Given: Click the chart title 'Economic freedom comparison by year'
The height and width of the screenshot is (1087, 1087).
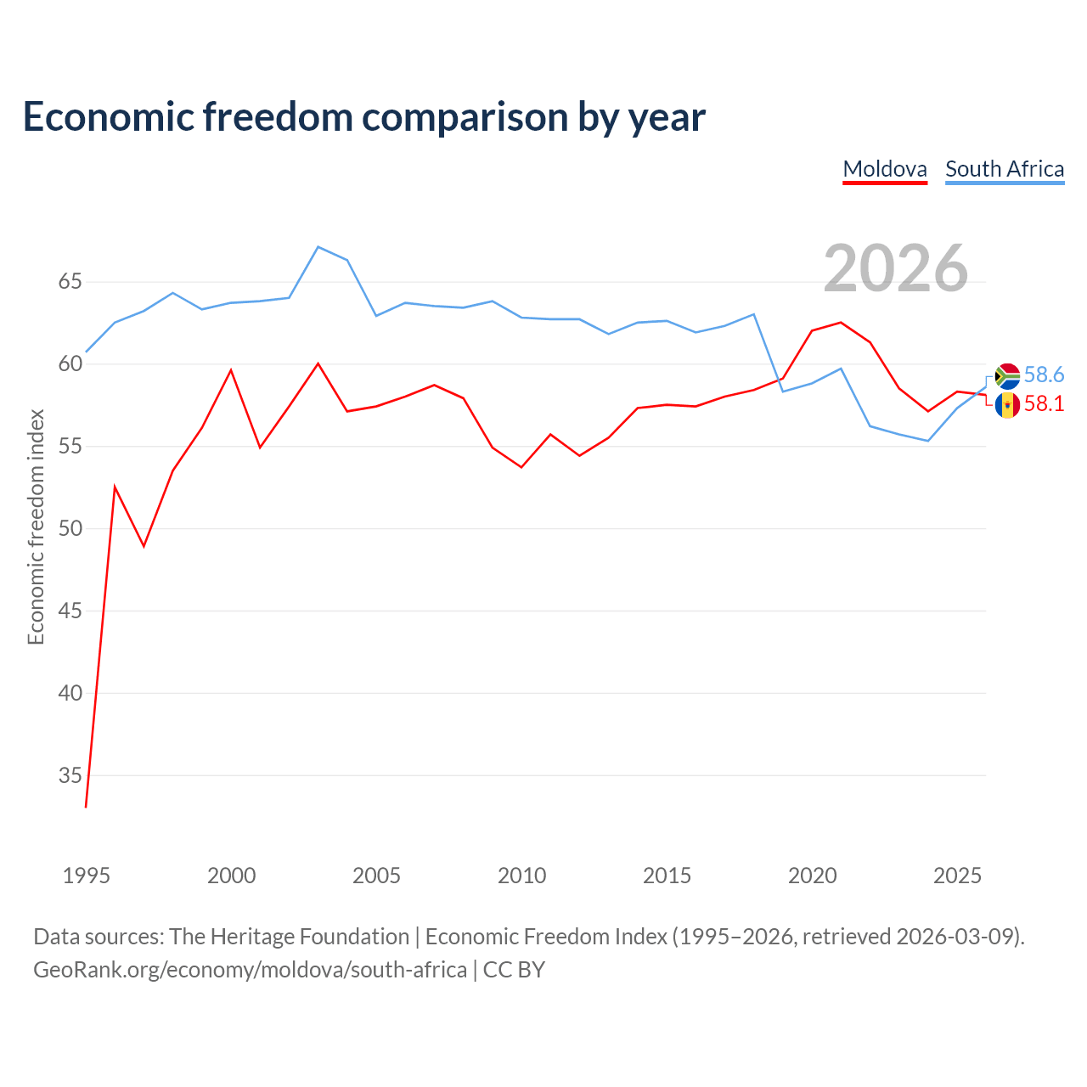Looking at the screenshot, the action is pyautogui.click(x=363, y=116).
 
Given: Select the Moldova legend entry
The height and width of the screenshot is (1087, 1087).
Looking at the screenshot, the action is pyautogui.click(x=885, y=170).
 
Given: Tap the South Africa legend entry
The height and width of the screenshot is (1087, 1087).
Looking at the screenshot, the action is pyautogui.click(x=1005, y=170).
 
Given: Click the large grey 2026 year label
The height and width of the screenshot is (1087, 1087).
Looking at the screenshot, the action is pyautogui.click(x=895, y=268).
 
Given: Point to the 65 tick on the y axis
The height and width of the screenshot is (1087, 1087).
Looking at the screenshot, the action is pyautogui.click(x=70, y=281).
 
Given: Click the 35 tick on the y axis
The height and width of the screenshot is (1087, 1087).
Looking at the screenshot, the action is pyautogui.click(x=70, y=775).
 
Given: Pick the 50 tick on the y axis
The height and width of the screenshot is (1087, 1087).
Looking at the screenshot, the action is pyautogui.click(x=70, y=528).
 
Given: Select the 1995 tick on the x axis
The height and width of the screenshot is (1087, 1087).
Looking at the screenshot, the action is pyautogui.click(x=87, y=876).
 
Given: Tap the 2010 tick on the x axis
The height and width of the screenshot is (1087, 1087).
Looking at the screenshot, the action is pyautogui.click(x=521, y=876).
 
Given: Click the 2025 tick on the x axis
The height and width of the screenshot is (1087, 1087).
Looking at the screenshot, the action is pyautogui.click(x=957, y=876).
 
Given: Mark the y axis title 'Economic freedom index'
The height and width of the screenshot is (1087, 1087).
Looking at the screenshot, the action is pyautogui.click(x=36, y=527).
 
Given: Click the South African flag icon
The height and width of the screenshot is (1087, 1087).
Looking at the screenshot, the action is pyautogui.click(x=1007, y=376).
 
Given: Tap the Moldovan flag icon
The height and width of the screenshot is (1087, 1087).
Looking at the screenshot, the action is pyautogui.click(x=1007, y=406).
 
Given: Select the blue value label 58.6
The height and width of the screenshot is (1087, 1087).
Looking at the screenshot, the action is pyautogui.click(x=1044, y=375).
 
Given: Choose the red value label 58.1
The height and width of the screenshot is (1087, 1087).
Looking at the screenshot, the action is pyautogui.click(x=1044, y=404).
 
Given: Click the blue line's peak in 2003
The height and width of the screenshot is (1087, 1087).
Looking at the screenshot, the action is pyautogui.click(x=318, y=246).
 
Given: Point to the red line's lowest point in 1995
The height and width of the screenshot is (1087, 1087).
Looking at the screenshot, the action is pyautogui.click(x=86, y=808).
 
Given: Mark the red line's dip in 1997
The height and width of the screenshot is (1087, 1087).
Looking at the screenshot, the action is pyautogui.click(x=144, y=546).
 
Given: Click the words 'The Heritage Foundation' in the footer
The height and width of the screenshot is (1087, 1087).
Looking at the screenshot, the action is pyautogui.click(x=290, y=937).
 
